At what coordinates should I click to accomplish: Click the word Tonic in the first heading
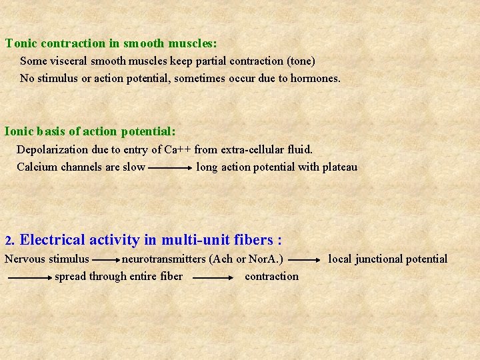21,43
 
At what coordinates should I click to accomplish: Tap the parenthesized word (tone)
301,61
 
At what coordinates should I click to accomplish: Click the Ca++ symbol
178,149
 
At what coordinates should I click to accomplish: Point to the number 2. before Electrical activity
9,240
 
